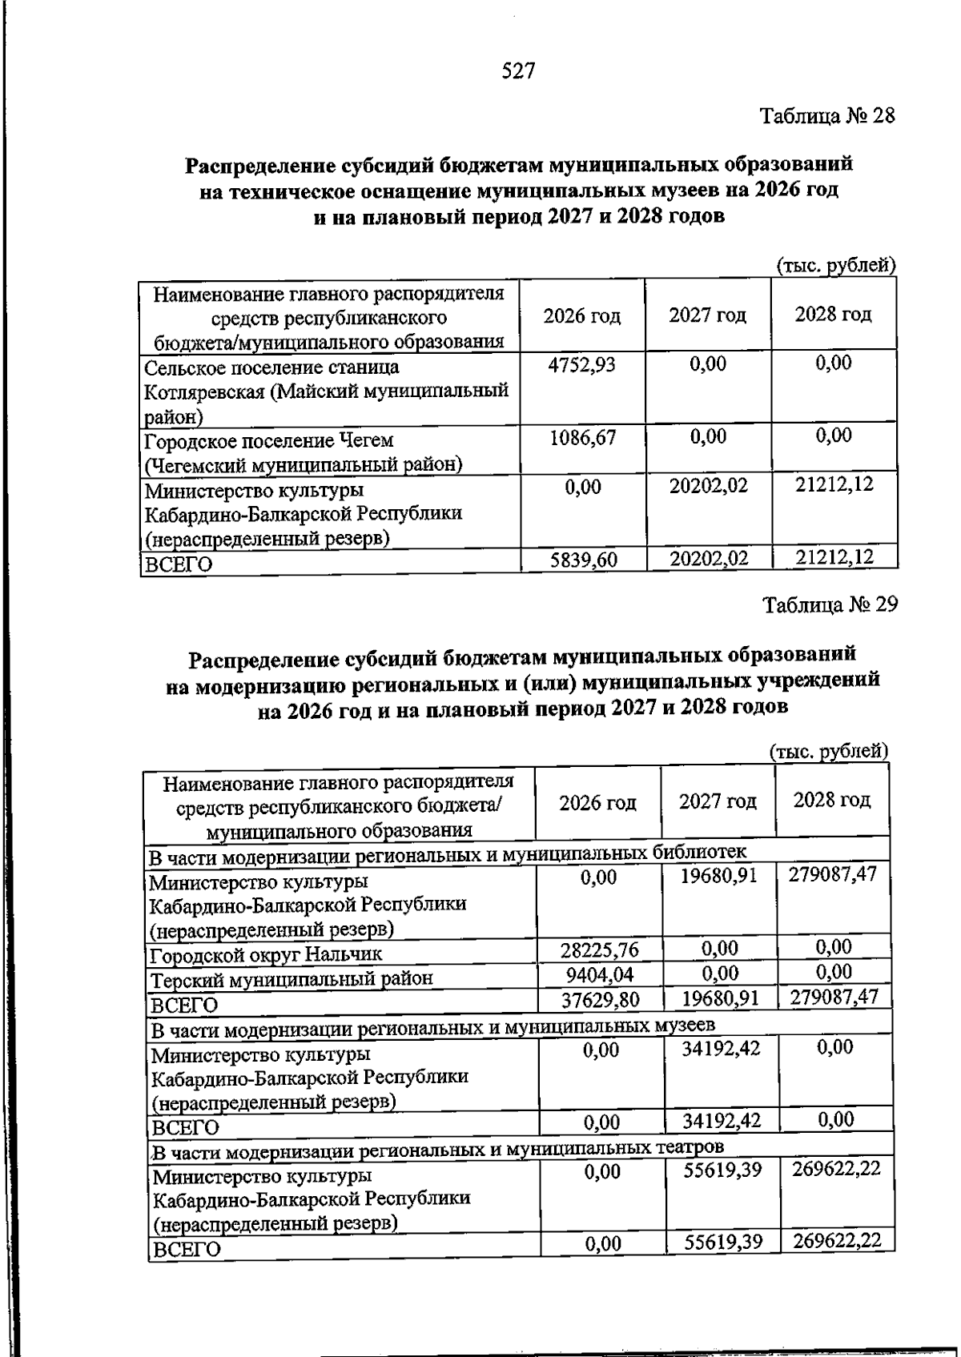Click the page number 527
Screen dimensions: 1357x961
518,71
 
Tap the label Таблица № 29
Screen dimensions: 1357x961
830,604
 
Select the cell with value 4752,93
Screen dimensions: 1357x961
582,365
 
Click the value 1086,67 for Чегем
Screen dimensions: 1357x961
582,438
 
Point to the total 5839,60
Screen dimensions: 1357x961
584,560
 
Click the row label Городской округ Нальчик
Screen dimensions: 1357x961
267,954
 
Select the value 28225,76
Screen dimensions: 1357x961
599,950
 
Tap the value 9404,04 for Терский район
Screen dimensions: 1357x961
599,974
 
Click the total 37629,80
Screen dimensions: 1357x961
599,999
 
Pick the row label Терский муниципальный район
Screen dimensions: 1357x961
292,978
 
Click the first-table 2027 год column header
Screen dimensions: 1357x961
707,315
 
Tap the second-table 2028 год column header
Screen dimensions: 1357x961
831,801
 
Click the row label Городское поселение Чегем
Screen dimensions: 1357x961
268,440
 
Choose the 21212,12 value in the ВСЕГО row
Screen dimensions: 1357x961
834,557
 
